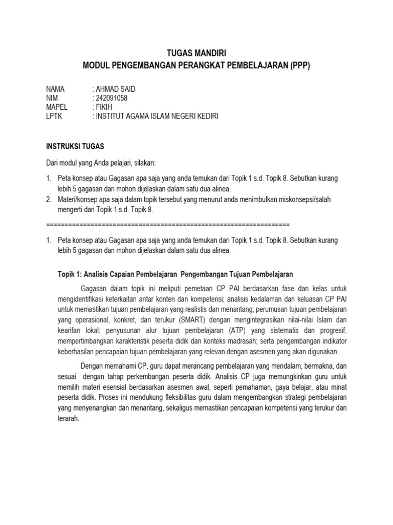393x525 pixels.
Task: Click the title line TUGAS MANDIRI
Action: (x=196, y=53)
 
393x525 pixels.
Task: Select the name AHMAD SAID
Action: (x=115, y=89)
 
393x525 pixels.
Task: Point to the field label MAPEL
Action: (x=56, y=108)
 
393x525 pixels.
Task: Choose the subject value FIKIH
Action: (x=104, y=108)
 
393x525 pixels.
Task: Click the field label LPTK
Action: (x=54, y=117)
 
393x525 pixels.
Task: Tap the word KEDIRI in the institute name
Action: (x=206, y=117)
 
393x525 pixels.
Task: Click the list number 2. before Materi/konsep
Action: (x=49, y=200)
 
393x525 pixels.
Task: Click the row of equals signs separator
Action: (x=168, y=225)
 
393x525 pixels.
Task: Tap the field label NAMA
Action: (x=55, y=89)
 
